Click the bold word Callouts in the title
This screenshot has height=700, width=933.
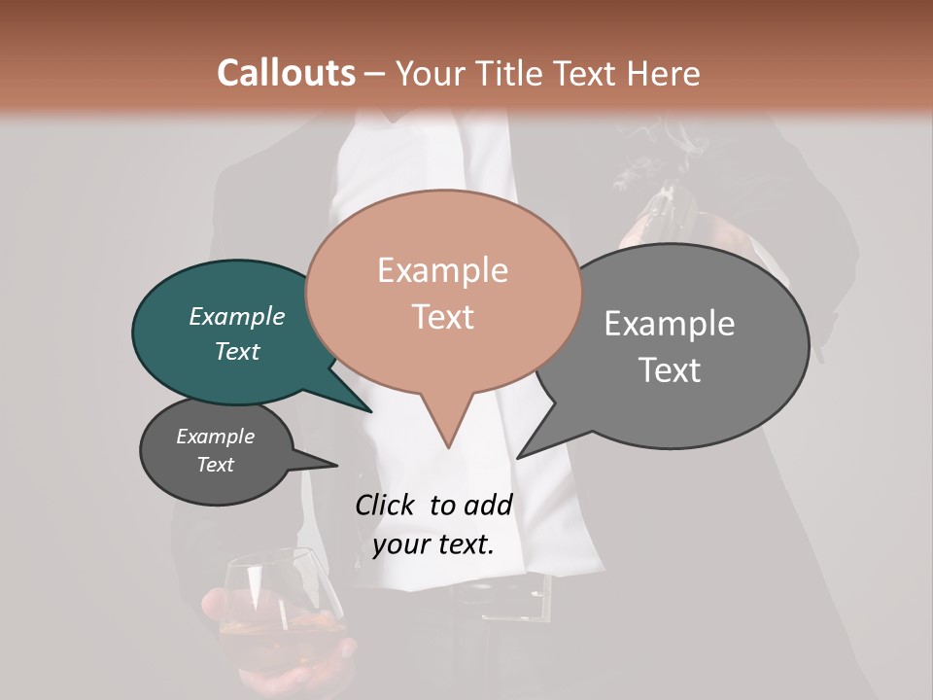click(286, 73)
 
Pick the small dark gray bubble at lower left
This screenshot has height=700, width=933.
click(216, 451)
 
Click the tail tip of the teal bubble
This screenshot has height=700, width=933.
click(370, 411)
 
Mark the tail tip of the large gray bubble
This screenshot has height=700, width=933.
click(519, 457)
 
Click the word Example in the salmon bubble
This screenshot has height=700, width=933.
click(443, 270)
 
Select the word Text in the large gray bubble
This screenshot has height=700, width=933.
click(671, 369)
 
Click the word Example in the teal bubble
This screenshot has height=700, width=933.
click(237, 317)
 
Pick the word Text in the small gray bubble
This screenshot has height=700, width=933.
click(216, 465)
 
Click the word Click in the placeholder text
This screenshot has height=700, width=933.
click(385, 505)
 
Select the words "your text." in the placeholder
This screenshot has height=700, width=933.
click(433, 544)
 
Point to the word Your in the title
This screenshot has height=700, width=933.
click(433, 73)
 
